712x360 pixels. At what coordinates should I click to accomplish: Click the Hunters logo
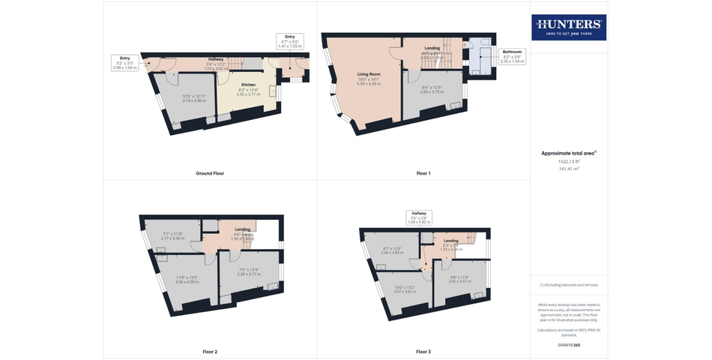pos(570,28)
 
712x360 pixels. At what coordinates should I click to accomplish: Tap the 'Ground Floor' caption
pos(210,173)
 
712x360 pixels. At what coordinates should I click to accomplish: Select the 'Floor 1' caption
pos(423,173)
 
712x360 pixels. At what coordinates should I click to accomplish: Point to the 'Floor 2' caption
pos(210,351)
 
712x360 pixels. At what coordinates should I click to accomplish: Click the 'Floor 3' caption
pos(423,351)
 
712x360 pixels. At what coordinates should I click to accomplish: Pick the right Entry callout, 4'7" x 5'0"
pos(289,41)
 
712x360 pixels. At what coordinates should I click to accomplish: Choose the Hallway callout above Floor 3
pos(420,217)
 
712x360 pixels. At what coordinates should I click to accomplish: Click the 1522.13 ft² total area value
pos(569,161)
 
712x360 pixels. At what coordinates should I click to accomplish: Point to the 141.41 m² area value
pos(569,169)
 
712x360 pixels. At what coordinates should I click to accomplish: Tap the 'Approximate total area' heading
pos(569,153)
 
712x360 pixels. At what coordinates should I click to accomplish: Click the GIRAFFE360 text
pos(569,344)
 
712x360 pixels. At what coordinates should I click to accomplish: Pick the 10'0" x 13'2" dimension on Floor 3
pos(404,288)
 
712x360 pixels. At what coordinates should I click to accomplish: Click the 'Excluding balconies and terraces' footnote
pos(569,285)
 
